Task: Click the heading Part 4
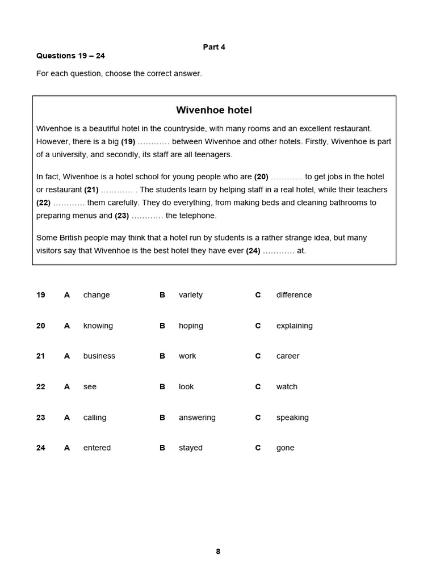click(x=214, y=47)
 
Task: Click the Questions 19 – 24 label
click(x=70, y=56)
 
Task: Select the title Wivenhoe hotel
click(x=214, y=110)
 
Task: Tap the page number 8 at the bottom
click(x=218, y=551)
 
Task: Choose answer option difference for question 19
click(x=294, y=295)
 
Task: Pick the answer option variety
click(x=190, y=295)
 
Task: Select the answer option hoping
click(x=191, y=326)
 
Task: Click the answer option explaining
click(x=294, y=326)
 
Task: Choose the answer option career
click(x=287, y=356)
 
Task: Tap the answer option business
click(x=99, y=356)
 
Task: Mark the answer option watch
click(x=287, y=387)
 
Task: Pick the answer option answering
click(x=197, y=418)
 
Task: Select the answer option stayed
click(x=190, y=448)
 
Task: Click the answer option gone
click(x=285, y=448)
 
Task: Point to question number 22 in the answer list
click(x=41, y=387)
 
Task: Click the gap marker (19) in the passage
click(x=128, y=142)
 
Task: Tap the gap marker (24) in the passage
click(x=253, y=251)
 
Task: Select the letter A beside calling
click(x=67, y=418)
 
